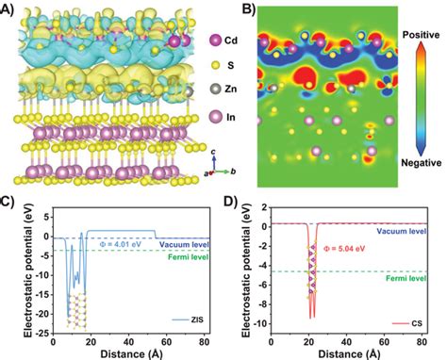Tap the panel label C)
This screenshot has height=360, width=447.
coord(8,202)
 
